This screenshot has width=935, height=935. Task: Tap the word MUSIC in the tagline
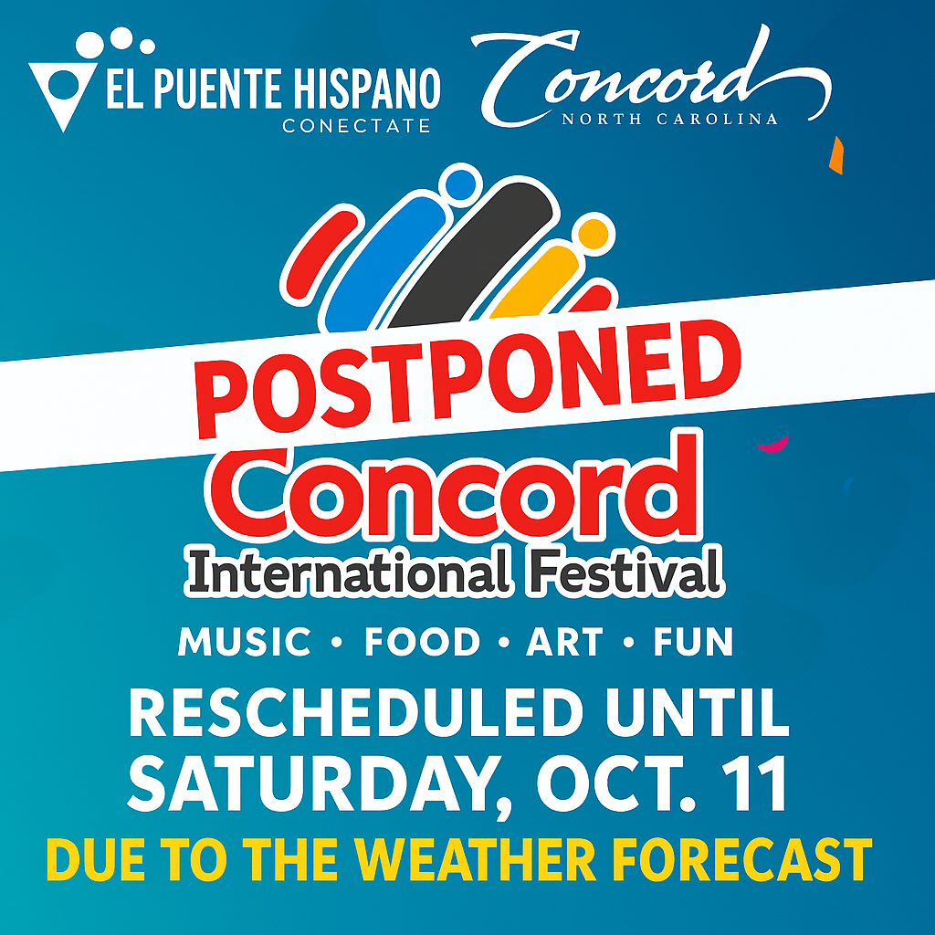[x=245, y=643]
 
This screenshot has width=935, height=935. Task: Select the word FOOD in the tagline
[x=422, y=643]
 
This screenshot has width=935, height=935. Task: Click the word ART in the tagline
[x=564, y=643]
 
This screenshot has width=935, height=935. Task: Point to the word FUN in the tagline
[x=693, y=643]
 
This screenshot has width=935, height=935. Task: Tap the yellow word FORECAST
[x=749, y=859]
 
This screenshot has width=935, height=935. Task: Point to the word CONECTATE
[x=356, y=126]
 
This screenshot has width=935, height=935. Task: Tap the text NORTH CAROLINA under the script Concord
[x=669, y=119]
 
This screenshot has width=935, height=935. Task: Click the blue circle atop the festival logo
[x=462, y=184]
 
